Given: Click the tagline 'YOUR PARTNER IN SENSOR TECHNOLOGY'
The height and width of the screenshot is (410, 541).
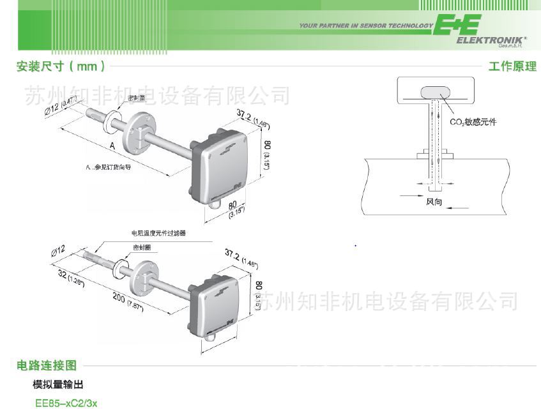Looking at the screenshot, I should click(366, 26).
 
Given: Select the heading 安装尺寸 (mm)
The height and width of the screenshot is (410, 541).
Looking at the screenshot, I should click(61, 66).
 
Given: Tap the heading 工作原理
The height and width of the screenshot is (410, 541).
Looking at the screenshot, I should click(512, 66).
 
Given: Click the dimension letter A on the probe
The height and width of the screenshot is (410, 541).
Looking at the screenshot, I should click(112, 146).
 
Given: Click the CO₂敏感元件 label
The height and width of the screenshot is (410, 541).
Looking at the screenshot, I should click(473, 121).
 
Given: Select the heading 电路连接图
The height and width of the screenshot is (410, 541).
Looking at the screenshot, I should click(47, 365).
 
